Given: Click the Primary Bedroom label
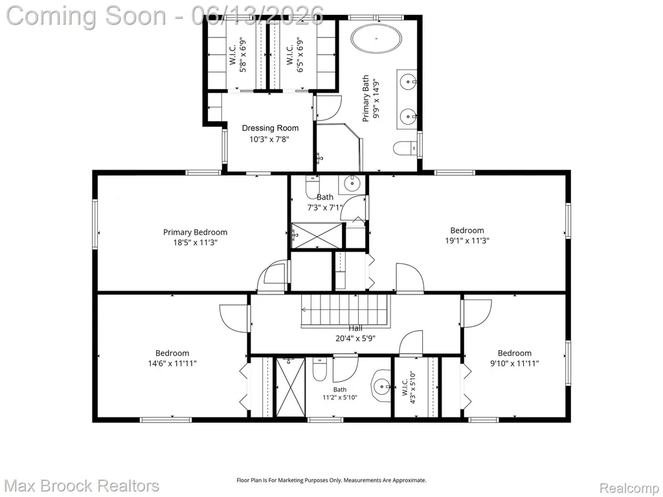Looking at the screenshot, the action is [195, 232].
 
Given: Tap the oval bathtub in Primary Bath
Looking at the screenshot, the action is [376, 39].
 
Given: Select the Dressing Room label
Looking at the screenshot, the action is [270, 128].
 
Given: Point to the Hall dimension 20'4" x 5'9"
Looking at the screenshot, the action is [355, 338].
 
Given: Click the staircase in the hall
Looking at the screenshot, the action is [344, 311].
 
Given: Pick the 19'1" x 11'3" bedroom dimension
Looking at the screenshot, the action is [467, 241].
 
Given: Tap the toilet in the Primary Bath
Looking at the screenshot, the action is [404, 148].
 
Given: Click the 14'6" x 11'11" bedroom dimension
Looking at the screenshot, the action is [172, 363].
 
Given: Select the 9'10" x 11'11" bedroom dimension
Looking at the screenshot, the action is [514, 363].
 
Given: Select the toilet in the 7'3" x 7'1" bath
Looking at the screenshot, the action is [313, 184].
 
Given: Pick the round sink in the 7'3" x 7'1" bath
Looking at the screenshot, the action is [352, 183].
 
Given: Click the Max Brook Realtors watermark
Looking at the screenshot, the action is [82, 485].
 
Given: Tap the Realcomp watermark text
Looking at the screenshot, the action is [629, 488].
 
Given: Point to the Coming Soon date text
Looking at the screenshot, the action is [165, 16].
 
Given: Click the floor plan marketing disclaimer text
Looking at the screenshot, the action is [331, 480].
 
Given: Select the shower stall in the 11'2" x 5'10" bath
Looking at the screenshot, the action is [291, 387].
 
